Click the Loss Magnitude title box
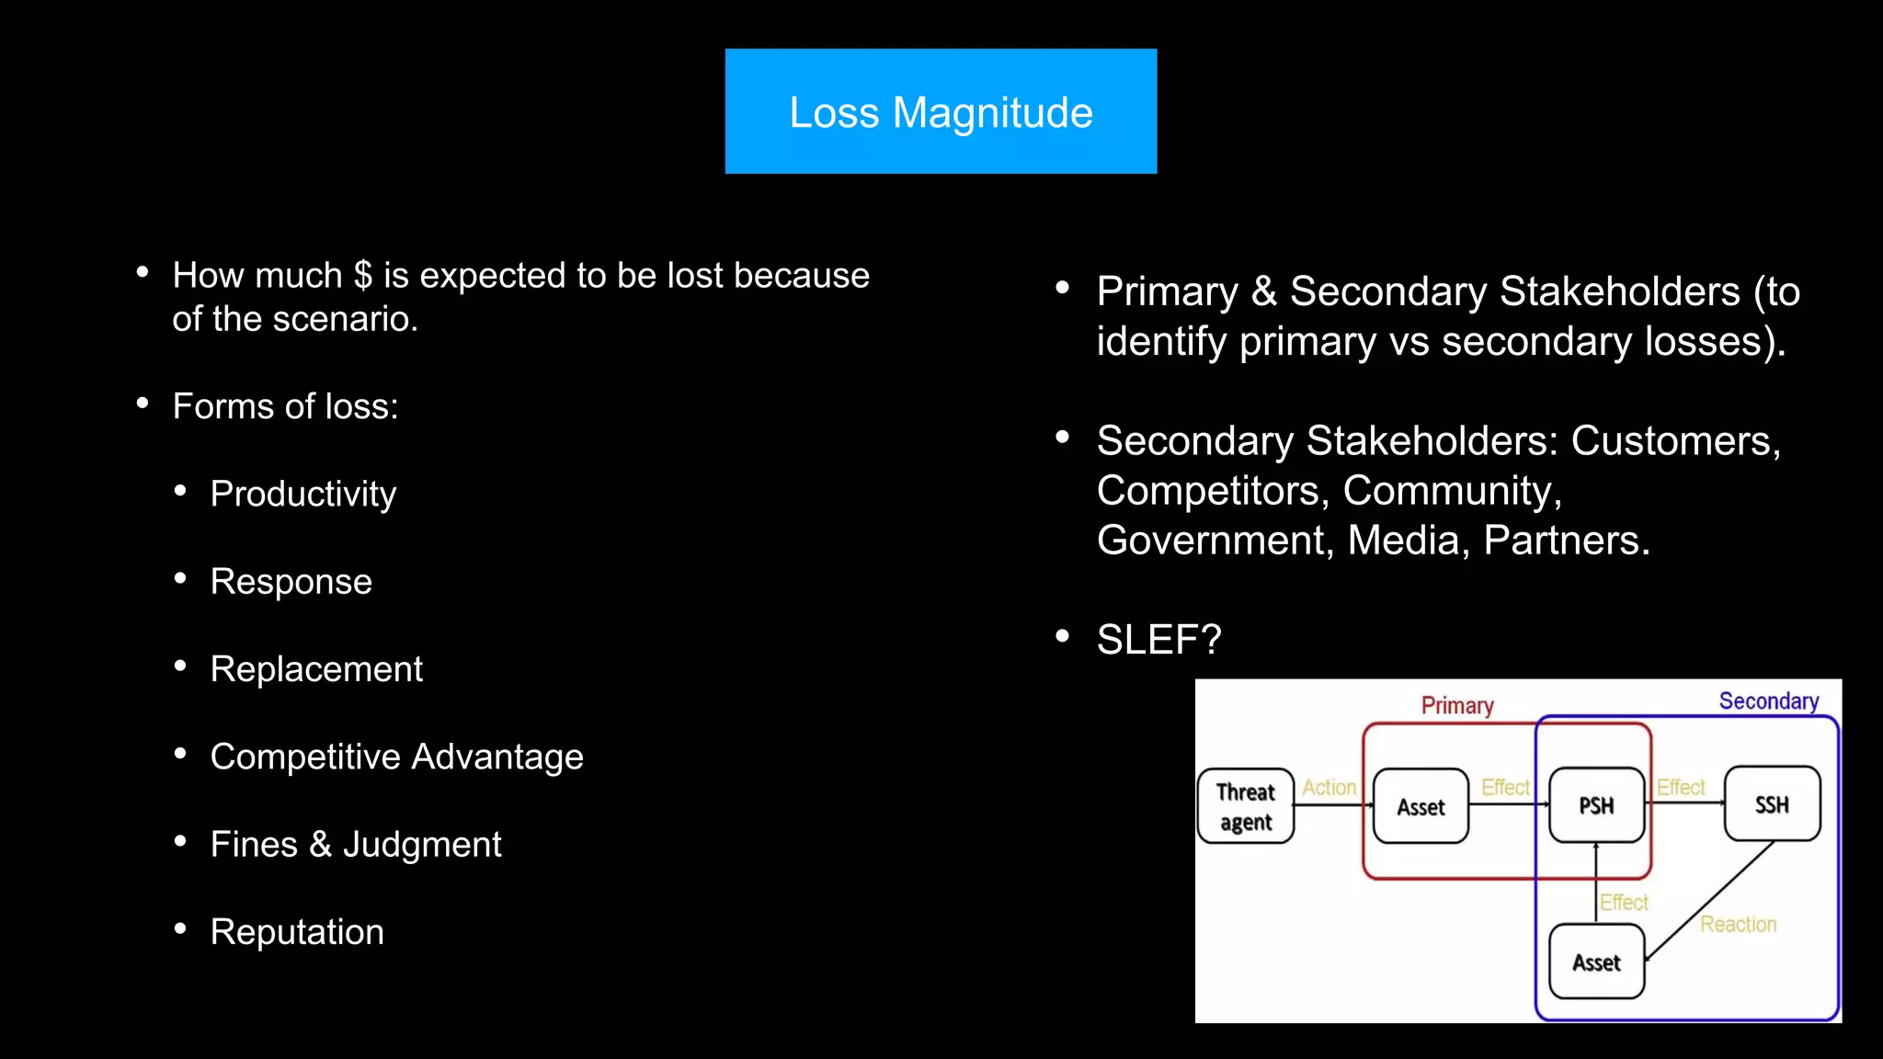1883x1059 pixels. (x=941, y=111)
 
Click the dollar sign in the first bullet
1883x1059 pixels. (x=363, y=276)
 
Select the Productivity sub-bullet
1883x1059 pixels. (x=302, y=494)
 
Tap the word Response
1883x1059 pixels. (x=291, y=581)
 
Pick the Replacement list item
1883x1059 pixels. (x=316, y=669)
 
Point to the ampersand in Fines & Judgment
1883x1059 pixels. (x=320, y=844)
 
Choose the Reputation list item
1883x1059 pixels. (x=297, y=932)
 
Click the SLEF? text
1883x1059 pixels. (x=1158, y=639)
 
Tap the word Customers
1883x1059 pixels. (x=1675, y=440)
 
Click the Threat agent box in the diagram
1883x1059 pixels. (x=1246, y=806)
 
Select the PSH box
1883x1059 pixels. (x=1596, y=805)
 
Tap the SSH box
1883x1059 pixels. (x=1772, y=804)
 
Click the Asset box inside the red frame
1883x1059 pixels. (x=1421, y=806)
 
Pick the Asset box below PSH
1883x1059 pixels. (x=1596, y=962)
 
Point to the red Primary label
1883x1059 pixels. (x=1457, y=705)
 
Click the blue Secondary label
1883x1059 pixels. (x=1768, y=700)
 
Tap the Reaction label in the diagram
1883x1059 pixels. (x=1738, y=924)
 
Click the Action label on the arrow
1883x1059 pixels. (x=1329, y=787)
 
